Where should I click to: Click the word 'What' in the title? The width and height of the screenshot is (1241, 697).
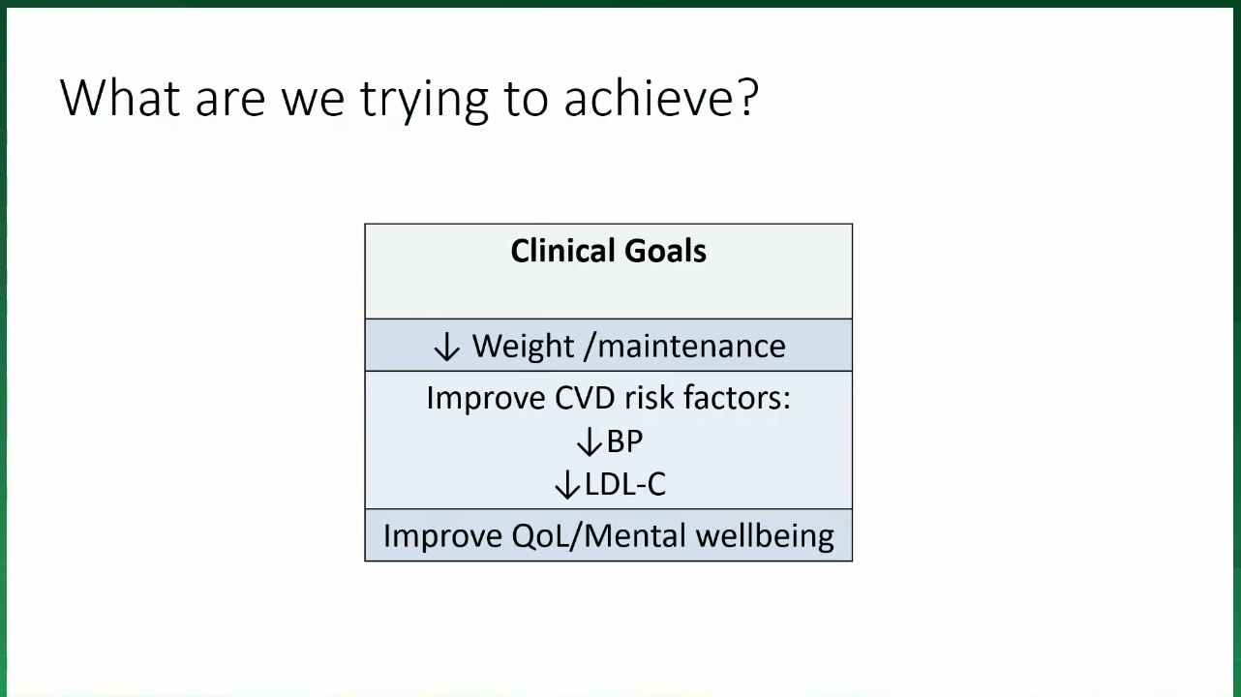pyautogui.click(x=120, y=98)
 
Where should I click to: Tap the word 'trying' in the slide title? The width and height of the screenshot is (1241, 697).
pyautogui.click(x=424, y=100)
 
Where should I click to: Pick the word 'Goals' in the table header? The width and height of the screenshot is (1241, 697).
pyautogui.click(x=665, y=251)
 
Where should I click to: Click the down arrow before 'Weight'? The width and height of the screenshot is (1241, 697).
pyautogui.click(x=446, y=348)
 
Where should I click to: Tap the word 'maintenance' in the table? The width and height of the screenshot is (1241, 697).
pyautogui.click(x=691, y=347)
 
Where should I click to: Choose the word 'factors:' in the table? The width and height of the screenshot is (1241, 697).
pyautogui.click(x=737, y=397)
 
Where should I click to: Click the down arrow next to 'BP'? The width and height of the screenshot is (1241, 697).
pyautogui.click(x=590, y=441)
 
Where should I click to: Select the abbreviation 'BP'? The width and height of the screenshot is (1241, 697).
pyautogui.click(x=625, y=441)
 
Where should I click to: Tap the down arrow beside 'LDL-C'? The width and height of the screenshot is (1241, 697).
pyautogui.click(x=567, y=484)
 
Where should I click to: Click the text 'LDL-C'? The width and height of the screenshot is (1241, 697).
pyautogui.click(x=625, y=484)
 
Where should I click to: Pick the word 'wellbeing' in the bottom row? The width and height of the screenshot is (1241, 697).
pyautogui.click(x=765, y=536)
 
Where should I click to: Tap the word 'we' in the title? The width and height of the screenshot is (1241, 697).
pyautogui.click(x=313, y=100)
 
